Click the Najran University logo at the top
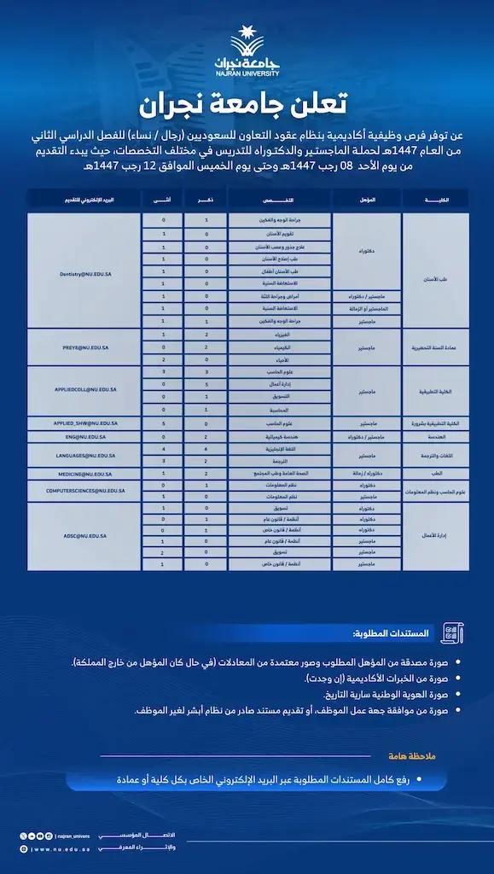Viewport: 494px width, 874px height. click(x=247, y=54)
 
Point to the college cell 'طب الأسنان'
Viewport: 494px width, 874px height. click(x=436, y=279)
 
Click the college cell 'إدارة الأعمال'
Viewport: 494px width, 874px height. click(x=436, y=536)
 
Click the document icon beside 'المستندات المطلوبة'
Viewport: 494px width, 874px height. click(x=449, y=633)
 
